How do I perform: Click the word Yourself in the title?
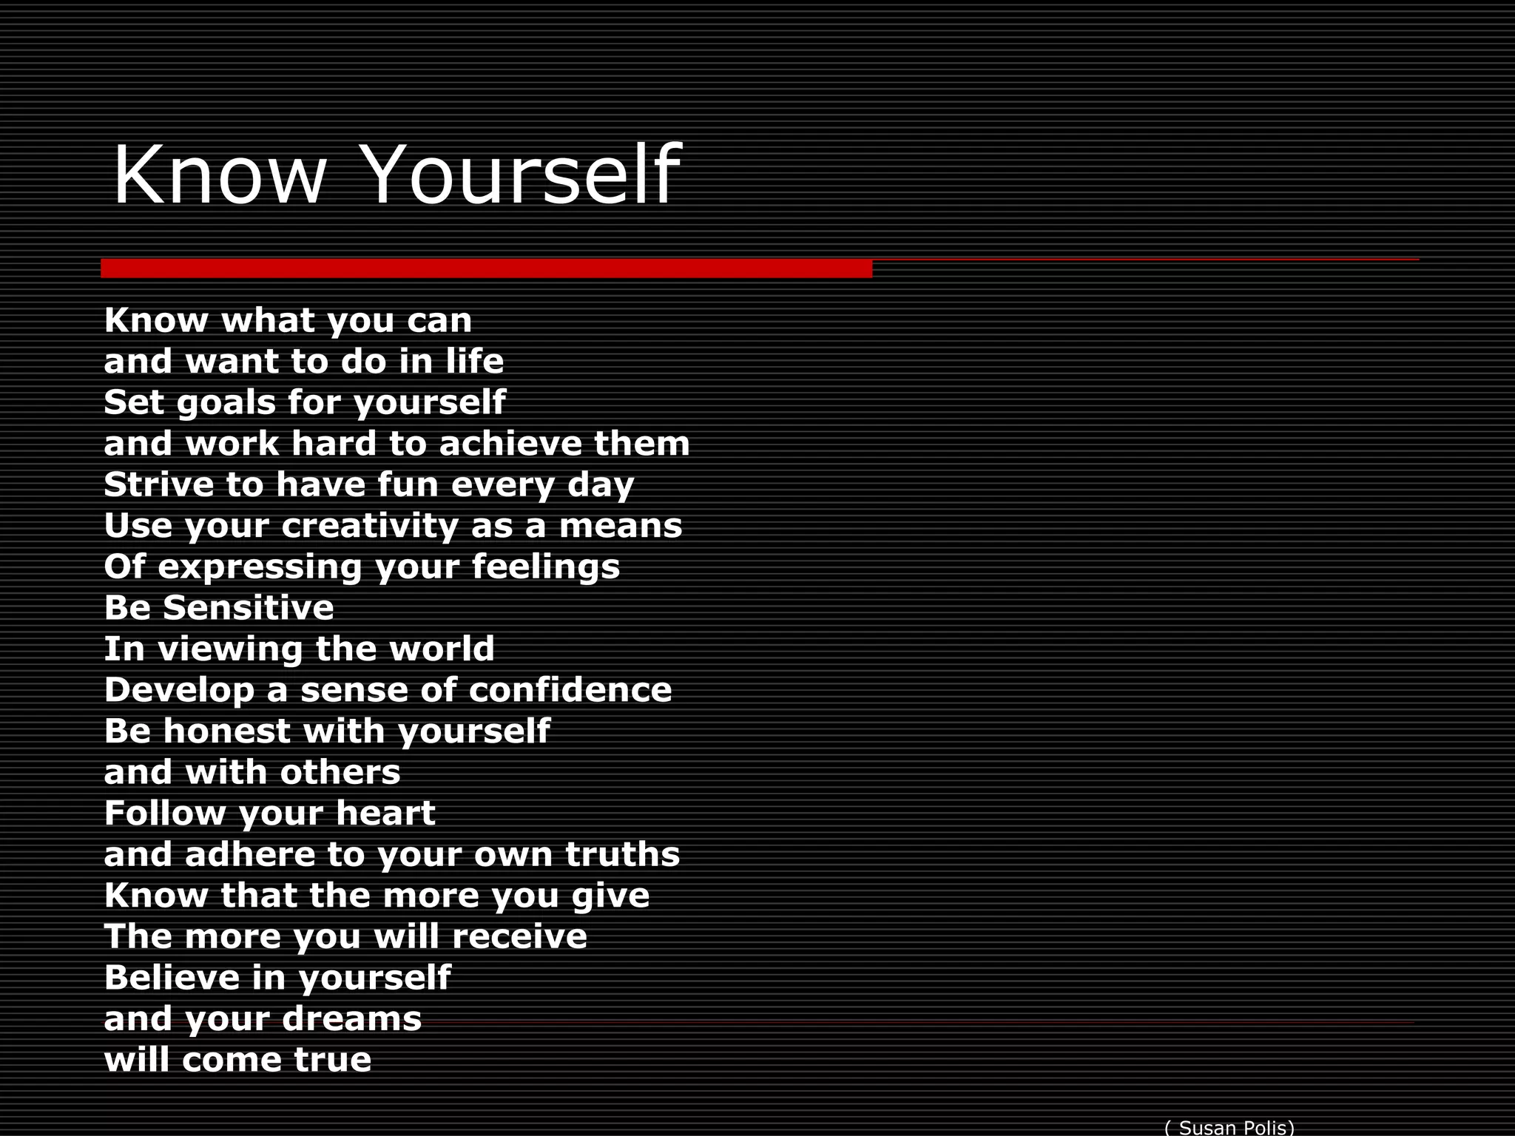point(522,176)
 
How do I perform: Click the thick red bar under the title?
point(486,268)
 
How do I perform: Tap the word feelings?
point(545,568)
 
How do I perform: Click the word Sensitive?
point(248,608)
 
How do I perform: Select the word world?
point(442,649)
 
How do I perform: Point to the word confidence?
point(570,690)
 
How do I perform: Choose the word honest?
point(226,731)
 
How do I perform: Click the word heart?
point(385,814)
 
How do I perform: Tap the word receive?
point(519,936)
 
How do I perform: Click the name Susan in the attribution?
point(1209,1127)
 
